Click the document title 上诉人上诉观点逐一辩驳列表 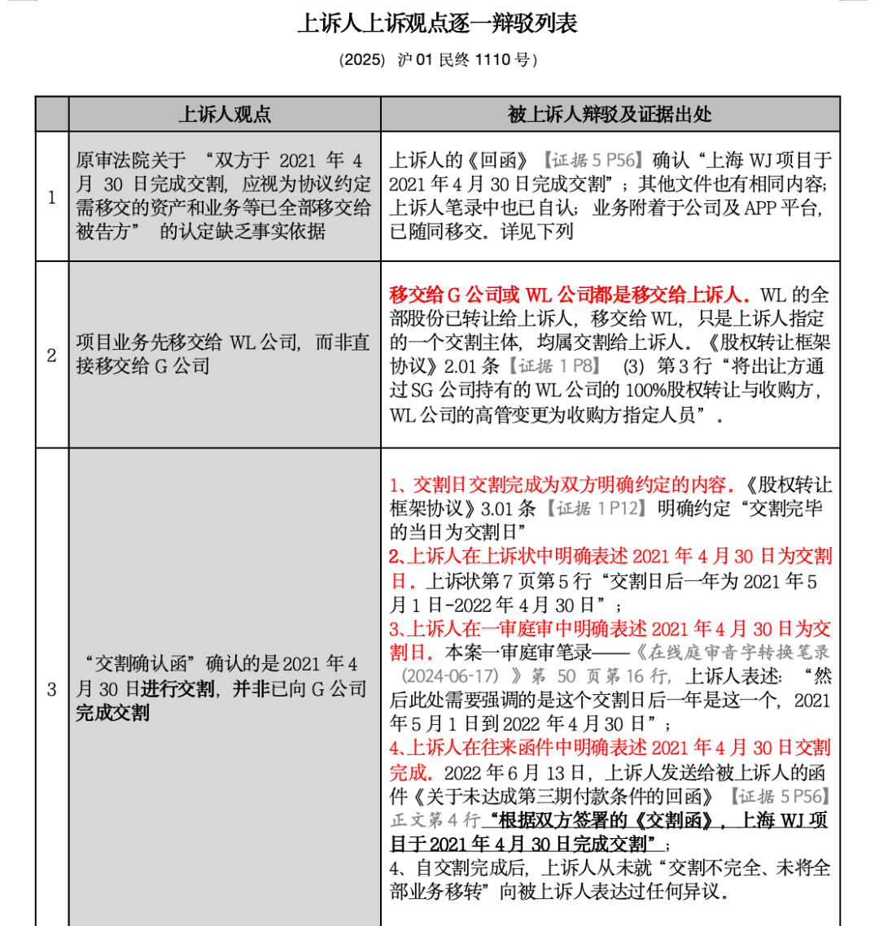tap(438, 24)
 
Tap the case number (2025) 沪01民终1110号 tap(438, 61)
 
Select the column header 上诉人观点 tap(224, 114)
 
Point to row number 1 tap(51, 197)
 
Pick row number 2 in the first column tap(51, 355)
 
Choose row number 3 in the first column tap(51, 690)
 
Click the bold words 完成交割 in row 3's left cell tap(113, 713)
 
